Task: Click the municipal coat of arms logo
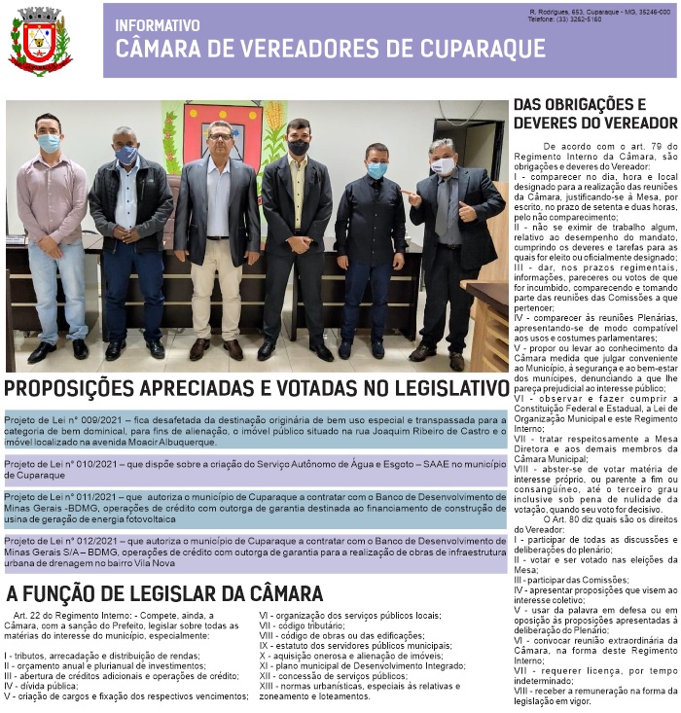point(40,41)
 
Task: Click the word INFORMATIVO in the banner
point(157,25)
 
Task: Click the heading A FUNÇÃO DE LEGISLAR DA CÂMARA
point(164,593)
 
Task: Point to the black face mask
point(299,148)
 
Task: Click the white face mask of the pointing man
point(444,166)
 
